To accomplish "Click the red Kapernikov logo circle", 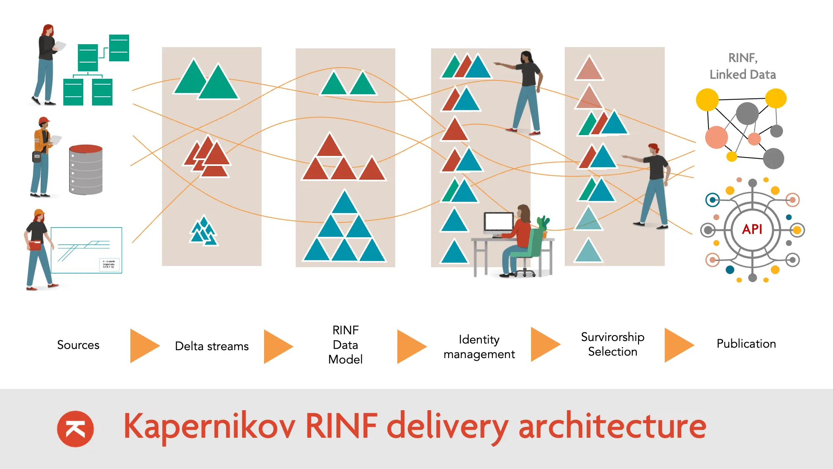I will click(x=75, y=429).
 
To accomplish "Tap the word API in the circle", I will click(x=752, y=229).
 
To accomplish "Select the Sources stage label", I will click(x=78, y=345).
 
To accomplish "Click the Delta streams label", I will click(x=212, y=346).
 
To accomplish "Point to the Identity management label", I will click(x=479, y=346).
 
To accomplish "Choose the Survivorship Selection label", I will click(x=613, y=344).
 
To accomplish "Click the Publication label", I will click(x=746, y=344).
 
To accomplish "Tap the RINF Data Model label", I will click(x=345, y=345).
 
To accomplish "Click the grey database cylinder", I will click(x=86, y=170).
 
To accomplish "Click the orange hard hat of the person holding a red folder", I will click(x=39, y=213).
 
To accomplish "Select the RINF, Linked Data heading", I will click(x=743, y=66).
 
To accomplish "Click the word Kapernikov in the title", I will click(x=209, y=426).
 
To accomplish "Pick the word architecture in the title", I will click(x=612, y=426).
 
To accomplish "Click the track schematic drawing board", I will click(x=86, y=250).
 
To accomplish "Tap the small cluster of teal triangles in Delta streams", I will click(x=204, y=231).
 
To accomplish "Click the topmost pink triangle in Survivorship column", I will click(x=589, y=68).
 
